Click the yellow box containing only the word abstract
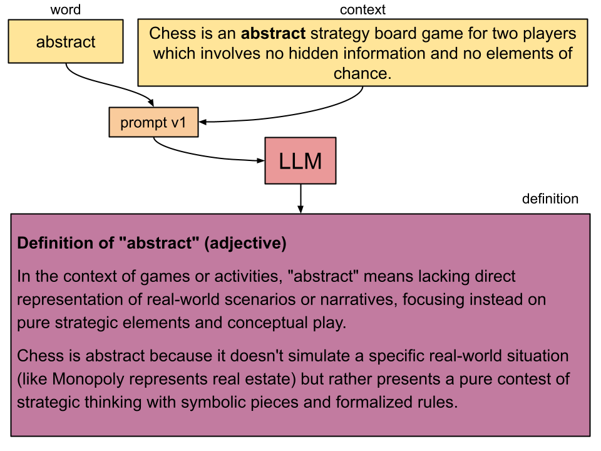pos(66,42)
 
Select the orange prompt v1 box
pos(153,122)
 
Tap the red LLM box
pos(300,161)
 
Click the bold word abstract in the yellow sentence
pos(273,33)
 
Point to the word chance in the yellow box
pos(362,73)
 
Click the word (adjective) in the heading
pos(245,244)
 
